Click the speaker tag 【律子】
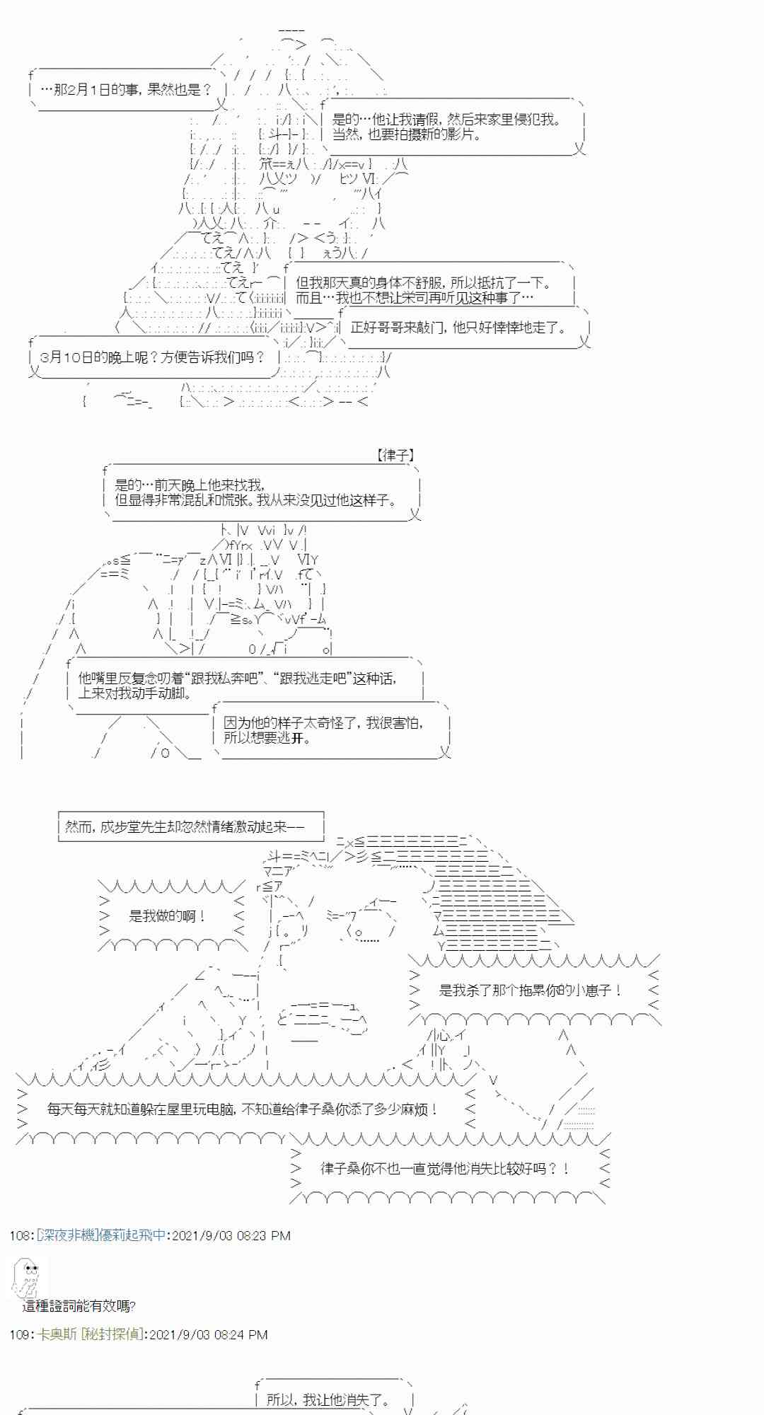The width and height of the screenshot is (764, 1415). click(395, 456)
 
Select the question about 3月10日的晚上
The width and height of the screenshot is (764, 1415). click(153, 357)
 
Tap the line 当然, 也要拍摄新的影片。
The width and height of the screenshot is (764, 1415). click(407, 134)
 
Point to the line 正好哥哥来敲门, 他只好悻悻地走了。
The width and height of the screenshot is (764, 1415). click(458, 328)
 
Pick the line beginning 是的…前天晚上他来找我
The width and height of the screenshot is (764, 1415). click(189, 485)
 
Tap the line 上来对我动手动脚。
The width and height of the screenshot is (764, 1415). click(134, 693)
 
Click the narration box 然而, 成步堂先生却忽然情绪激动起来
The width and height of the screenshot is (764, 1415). click(184, 826)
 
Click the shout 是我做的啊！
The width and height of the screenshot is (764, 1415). click(167, 916)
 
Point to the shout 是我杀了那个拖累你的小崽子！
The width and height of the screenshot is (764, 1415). click(530, 990)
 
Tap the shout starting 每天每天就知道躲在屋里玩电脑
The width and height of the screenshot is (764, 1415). click(243, 1109)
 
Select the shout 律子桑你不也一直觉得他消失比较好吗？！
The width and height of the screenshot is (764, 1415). click(445, 1169)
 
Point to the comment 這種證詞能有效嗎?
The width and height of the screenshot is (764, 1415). click(79, 1306)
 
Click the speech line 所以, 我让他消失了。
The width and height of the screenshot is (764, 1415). click(328, 1399)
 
